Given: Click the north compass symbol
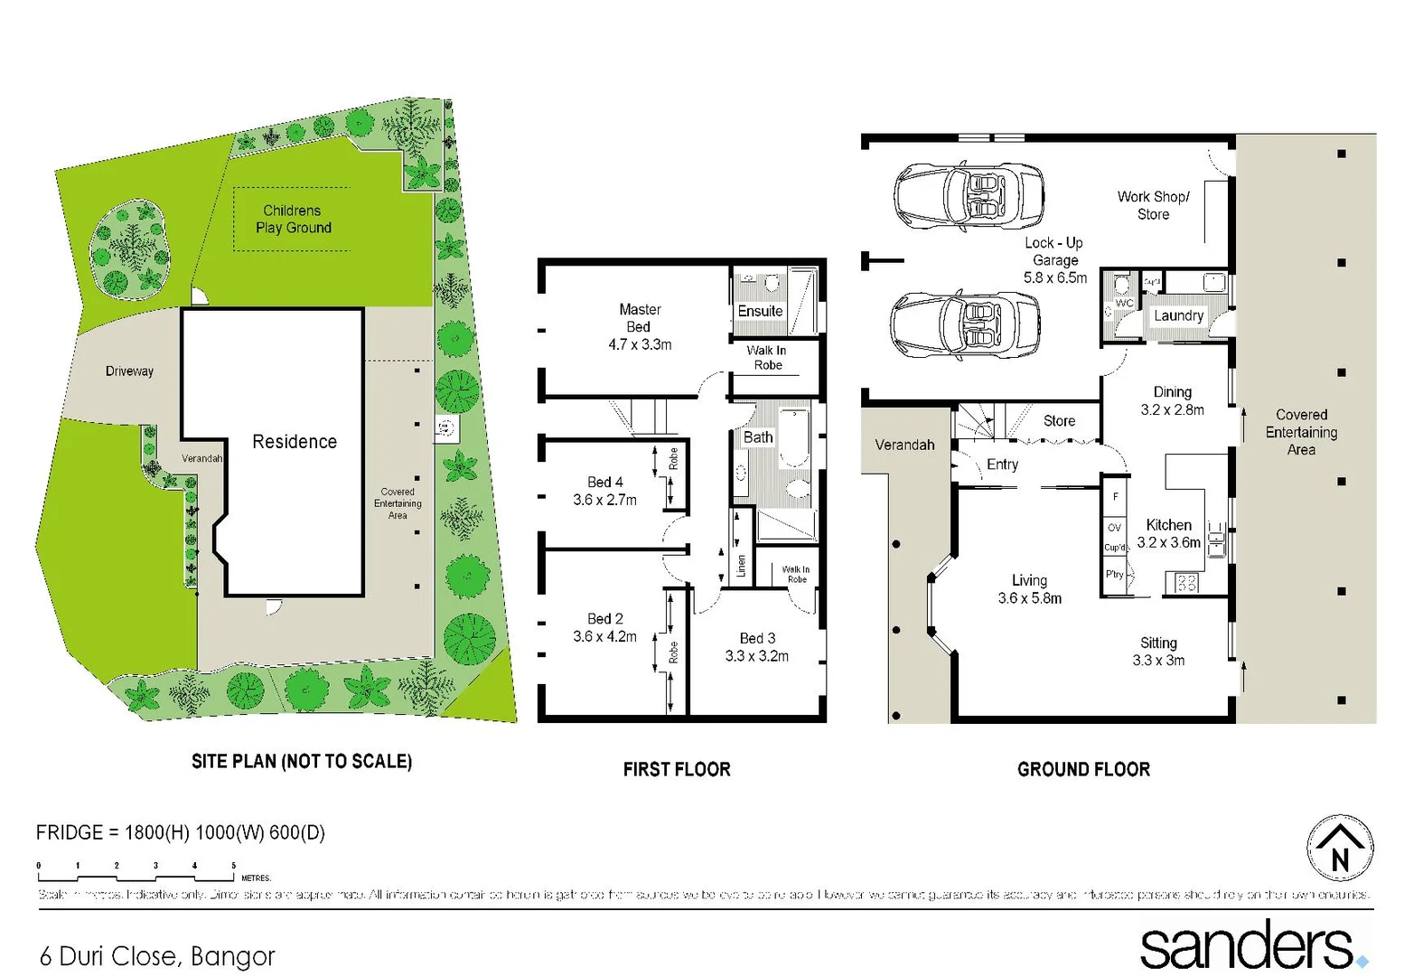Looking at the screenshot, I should tap(1340, 848).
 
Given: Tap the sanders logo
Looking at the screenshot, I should tap(1251, 945).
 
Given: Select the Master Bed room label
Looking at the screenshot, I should tap(640, 318).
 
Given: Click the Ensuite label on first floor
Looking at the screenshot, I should tap(760, 311).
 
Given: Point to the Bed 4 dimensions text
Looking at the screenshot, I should tap(604, 500).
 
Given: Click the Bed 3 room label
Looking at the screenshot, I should tap(757, 638).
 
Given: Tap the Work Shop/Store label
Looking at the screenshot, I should tap(1153, 205).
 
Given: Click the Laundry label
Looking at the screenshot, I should tap(1178, 315).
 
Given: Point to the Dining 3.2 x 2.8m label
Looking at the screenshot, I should tap(1172, 400).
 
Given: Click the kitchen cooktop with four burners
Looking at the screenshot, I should tap(1186, 583).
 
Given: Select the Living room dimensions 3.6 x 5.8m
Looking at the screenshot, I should tap(1029, 598).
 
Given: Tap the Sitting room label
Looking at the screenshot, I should tap(1158, 643).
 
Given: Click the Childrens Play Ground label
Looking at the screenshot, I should tap(293, 219).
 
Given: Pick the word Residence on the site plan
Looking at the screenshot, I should tap(295, 442).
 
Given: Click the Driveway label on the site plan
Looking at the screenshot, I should tap(129, 371).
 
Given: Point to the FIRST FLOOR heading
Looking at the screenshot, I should tap(677, 769).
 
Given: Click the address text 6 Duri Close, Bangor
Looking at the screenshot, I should tap(157, 956).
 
